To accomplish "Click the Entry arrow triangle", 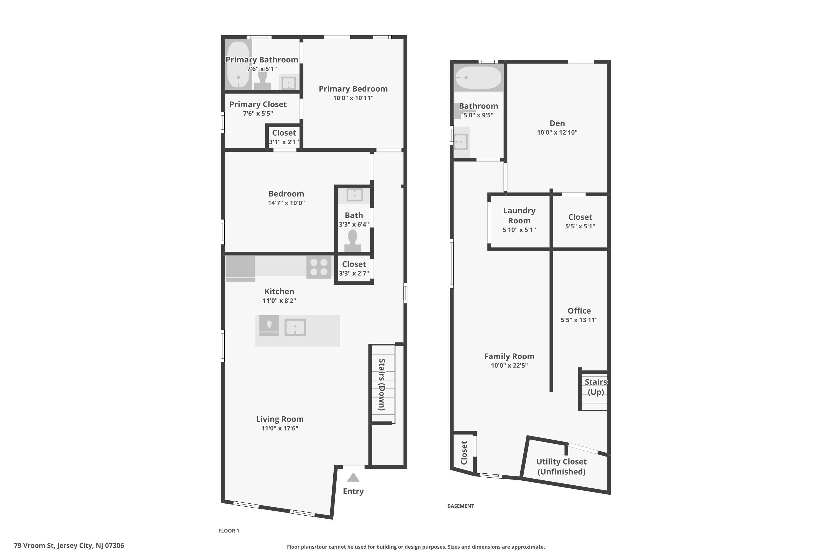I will pos(353,478).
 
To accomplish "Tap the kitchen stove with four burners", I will pos(319,267).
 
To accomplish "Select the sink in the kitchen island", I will pos(295,327).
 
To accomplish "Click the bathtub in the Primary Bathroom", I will pos(239,65).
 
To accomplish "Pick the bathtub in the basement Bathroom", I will pos(478,77).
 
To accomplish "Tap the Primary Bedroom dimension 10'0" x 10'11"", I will pos(353,98).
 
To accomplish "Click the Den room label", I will pos(557,123).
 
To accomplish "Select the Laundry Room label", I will pos(519,216).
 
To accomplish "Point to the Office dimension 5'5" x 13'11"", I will pos(579,320).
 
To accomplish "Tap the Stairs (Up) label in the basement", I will pos(596,387).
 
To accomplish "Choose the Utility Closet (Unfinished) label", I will pos(561,466).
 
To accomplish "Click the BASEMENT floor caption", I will pos(461,506).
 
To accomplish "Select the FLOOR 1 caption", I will pos(229,531).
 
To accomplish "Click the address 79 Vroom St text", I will pos(69,546).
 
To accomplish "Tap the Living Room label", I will pos(280,419).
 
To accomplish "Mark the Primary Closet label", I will pos(258,104).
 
